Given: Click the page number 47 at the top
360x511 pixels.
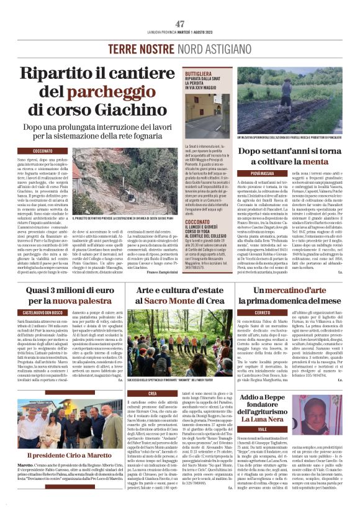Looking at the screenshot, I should (x=179, y=24).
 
